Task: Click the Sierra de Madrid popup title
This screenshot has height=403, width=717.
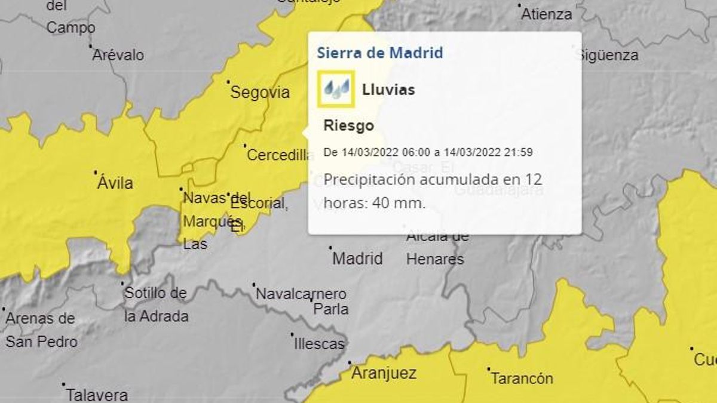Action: click(379, 53)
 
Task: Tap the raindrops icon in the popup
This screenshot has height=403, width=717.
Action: click(336, 90)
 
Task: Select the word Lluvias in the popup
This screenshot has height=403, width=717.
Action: click(388, 90)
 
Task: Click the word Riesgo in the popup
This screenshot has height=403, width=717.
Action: click(349, 126)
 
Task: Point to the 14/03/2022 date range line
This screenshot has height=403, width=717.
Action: click(428, 152)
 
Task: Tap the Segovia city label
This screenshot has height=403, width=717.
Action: click(260, 93)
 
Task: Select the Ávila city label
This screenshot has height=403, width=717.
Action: click(115, 183)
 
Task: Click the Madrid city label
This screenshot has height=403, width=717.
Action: click(357, 259)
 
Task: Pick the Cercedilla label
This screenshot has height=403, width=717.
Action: click(280, 155)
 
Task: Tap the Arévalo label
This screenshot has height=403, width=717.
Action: click(118, 55)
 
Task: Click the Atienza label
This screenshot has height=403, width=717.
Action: click(547, 14)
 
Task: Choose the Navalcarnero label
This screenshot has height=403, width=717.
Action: click(301, 294)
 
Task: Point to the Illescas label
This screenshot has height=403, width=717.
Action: click(319, 344)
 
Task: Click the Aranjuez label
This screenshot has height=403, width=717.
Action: click(384, 374)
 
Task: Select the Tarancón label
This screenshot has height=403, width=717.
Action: click(522, 379)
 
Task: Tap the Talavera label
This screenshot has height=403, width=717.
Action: click(97, 395)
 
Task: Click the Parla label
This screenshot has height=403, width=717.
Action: click(331, 309)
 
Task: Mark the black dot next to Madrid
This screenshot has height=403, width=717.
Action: click(330, 247)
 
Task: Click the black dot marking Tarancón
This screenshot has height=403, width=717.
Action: click(488, 369)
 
